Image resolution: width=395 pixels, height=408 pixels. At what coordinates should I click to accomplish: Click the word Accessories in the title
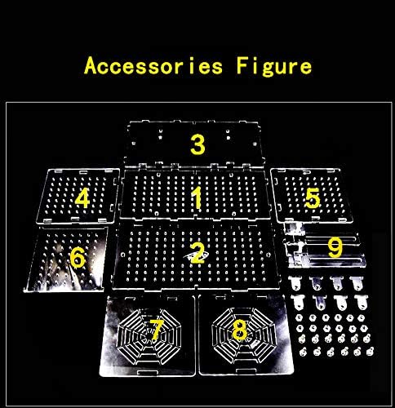point(153,66)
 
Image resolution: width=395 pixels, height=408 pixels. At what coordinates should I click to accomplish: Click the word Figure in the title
point(274,68)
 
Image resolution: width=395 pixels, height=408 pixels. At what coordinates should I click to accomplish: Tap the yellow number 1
point(197,197)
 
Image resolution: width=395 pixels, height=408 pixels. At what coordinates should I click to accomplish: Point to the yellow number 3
point(197,144)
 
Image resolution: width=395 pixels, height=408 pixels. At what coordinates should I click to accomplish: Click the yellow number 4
point(82,198)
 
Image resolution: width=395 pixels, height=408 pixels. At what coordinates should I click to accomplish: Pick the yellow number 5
point(313,198)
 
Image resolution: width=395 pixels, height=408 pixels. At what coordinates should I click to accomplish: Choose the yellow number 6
point(78,258)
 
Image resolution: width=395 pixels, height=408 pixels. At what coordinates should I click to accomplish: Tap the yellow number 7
point(157,330)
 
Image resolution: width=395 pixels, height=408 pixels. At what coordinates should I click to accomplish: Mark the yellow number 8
point(239,330)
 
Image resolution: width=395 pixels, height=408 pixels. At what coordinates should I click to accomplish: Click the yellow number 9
point(335,247)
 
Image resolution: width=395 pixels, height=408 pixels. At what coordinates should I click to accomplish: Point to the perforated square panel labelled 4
point(78,196)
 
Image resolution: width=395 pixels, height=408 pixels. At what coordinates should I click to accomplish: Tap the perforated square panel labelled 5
point(312,196)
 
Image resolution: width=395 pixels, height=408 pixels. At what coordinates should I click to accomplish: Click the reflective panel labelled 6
point(65,259)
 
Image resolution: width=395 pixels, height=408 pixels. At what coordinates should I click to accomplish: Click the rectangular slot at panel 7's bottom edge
point(147,371)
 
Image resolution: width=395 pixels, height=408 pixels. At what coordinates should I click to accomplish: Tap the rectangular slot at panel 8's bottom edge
point(246,371)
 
